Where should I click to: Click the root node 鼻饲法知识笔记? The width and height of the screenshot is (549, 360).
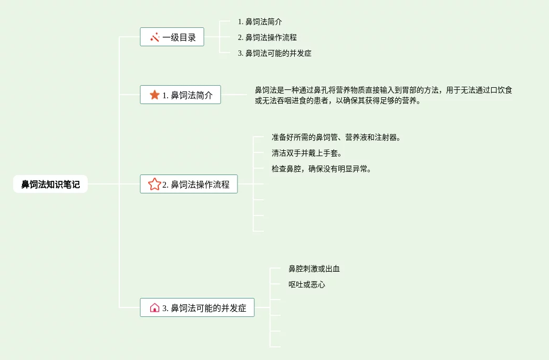click(x=50, y=184)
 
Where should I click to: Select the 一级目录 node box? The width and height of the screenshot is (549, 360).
click(x=172, y=37)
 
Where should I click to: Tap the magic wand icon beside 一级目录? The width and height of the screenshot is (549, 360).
click(x=155, y=37)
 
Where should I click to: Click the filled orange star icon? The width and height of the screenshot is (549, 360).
click(x=154, y=95)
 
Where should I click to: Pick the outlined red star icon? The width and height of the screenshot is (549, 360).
click(x=154, y=184)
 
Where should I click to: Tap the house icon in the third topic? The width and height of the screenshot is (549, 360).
click(x=154, y=308)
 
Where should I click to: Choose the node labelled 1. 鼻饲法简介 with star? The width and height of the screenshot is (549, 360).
click(x=180, y=95)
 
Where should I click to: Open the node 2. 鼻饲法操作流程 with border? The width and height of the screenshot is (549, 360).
click(x=189, y=184)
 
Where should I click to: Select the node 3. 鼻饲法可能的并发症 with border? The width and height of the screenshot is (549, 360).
click(x=197, y=308)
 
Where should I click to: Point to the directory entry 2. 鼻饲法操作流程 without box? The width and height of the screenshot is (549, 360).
click(x=267, y=37)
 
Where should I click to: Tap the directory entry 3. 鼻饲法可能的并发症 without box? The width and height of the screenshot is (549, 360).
click(x=274, y=53)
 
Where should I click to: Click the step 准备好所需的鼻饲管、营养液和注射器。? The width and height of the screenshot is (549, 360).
click(x=336, y=137)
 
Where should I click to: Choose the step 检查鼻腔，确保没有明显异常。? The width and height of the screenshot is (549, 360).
click(x=322, y=169)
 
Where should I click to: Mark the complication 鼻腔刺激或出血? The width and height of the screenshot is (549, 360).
click(x=314, y=269)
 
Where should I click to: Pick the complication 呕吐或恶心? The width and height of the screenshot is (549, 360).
click(x=307, y=284)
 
